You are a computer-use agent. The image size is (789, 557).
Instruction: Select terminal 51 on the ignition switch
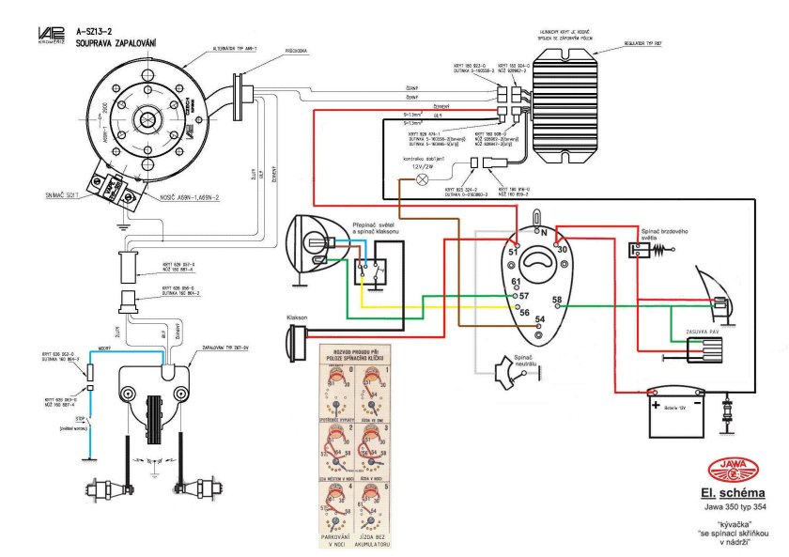pyautogui.click(x=514, y=251)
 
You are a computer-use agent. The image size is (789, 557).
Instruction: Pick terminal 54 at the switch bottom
pyautogui.click(x=539, y=319)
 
